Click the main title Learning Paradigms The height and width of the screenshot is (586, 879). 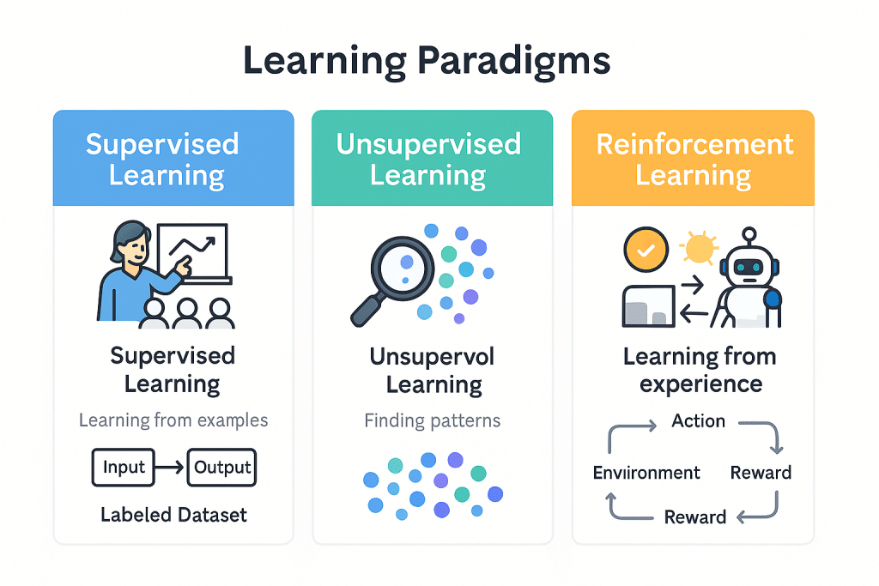(x=427, y=62)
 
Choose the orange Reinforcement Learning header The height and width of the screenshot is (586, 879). (x=693, y=159)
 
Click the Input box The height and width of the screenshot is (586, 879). (x=124, y=468)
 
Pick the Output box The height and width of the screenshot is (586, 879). (x=221, y=468)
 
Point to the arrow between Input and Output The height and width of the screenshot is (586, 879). (x=171, y=468)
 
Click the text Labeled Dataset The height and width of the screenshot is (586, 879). (x=173, y=515)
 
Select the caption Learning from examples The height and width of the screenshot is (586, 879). (x=173, y=420)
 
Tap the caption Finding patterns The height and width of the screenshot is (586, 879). (x=432, y=420)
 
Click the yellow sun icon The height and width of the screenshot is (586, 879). (x=698, y=249)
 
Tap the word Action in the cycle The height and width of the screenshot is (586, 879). (x=698, y=421)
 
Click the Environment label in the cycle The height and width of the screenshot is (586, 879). (x=646, y=473)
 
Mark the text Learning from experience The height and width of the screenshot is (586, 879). (x=700, y=370)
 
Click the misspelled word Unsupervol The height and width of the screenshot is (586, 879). (x=432, y=356)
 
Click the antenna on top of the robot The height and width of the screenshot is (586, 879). (x=749, y=234)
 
